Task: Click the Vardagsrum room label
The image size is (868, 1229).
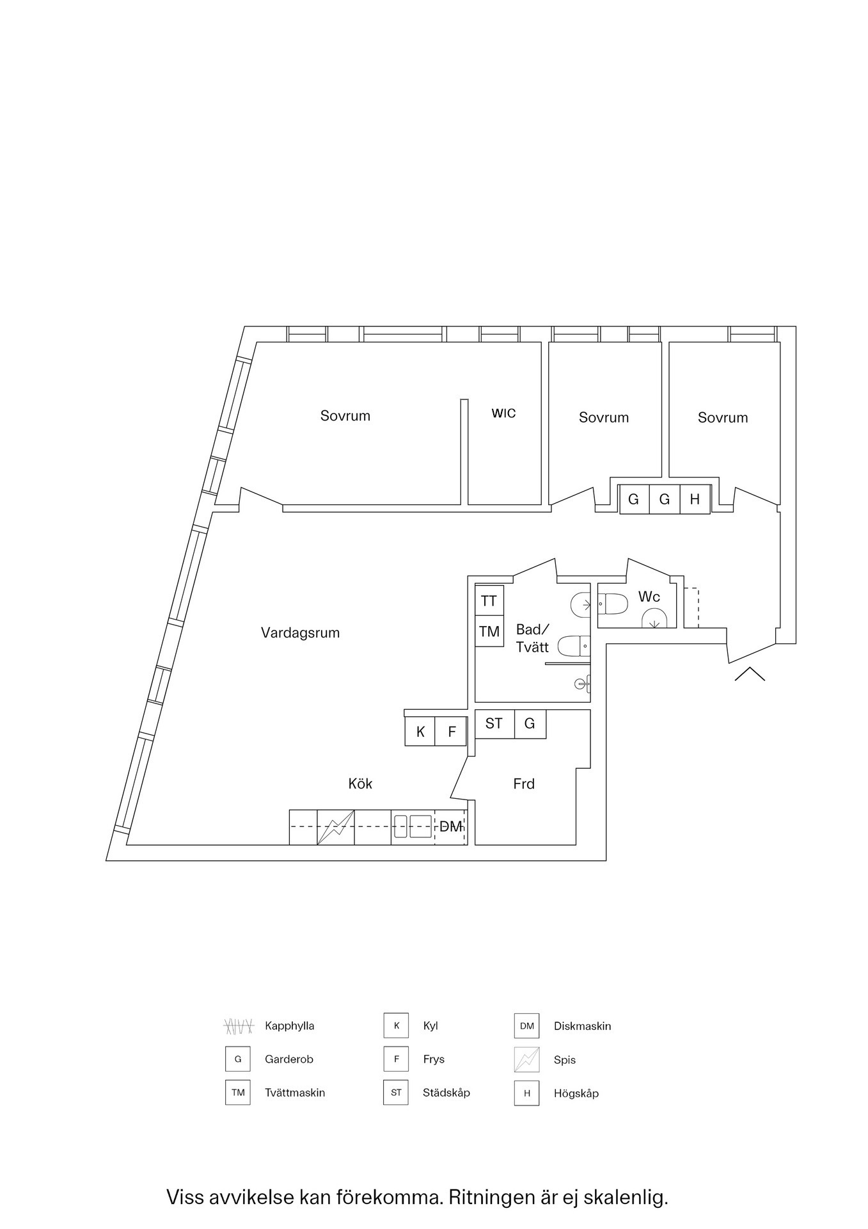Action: tap(300, 633)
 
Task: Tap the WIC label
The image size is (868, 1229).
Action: tap(503, 414)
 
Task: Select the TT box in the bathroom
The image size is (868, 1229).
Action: tap(489, 600)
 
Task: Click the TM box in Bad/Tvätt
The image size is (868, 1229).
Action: tap(489, 631)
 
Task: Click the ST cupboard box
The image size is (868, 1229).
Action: tap(494, 724)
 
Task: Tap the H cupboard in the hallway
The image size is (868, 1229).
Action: tap(695, 499)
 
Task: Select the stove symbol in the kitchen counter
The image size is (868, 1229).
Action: tap(336, 827)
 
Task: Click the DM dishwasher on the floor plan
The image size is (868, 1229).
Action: tap(451, 827)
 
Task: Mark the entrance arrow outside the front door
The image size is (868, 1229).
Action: tap(750, 673)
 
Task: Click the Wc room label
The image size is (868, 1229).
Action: tap(649, 597)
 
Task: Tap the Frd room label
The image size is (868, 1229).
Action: tap(524, 784)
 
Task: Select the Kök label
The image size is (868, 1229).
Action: tap(360, 783)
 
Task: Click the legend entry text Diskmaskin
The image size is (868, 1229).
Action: tap(583, 1026)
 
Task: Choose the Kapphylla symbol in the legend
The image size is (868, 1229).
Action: tap(239, 1026)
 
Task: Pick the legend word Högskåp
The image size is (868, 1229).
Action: tap(576, 1093)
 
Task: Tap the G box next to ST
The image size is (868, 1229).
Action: tap(530, 724)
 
